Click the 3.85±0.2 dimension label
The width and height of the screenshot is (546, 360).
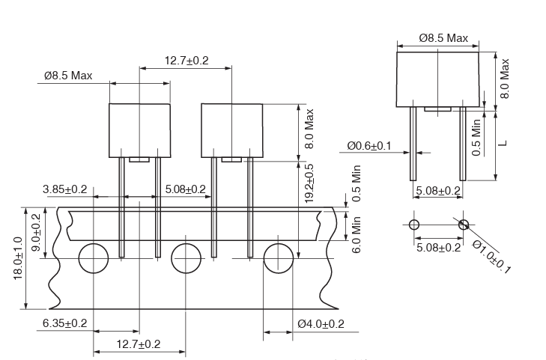pos(64,189)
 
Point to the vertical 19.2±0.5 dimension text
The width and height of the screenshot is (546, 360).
pos(309,183)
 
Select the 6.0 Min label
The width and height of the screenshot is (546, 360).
pos(356,235)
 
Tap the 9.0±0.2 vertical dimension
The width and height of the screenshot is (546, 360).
pos(36,232)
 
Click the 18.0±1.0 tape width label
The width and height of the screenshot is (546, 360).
pos(18,258)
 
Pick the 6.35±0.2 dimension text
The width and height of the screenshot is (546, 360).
pos(64,323)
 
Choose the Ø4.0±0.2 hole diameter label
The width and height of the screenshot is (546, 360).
pos(321,324)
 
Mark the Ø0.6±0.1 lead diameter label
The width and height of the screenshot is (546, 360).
pos(369,146)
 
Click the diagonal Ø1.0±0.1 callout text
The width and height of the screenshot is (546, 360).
pos(491,257)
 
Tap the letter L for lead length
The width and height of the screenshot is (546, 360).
pos(503,143)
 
